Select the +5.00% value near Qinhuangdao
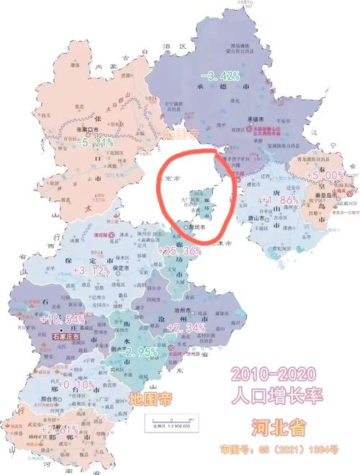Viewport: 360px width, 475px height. click(325, 175)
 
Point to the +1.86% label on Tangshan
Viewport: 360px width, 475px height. click(278, 199)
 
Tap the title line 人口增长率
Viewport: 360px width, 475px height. click(274, 395)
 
